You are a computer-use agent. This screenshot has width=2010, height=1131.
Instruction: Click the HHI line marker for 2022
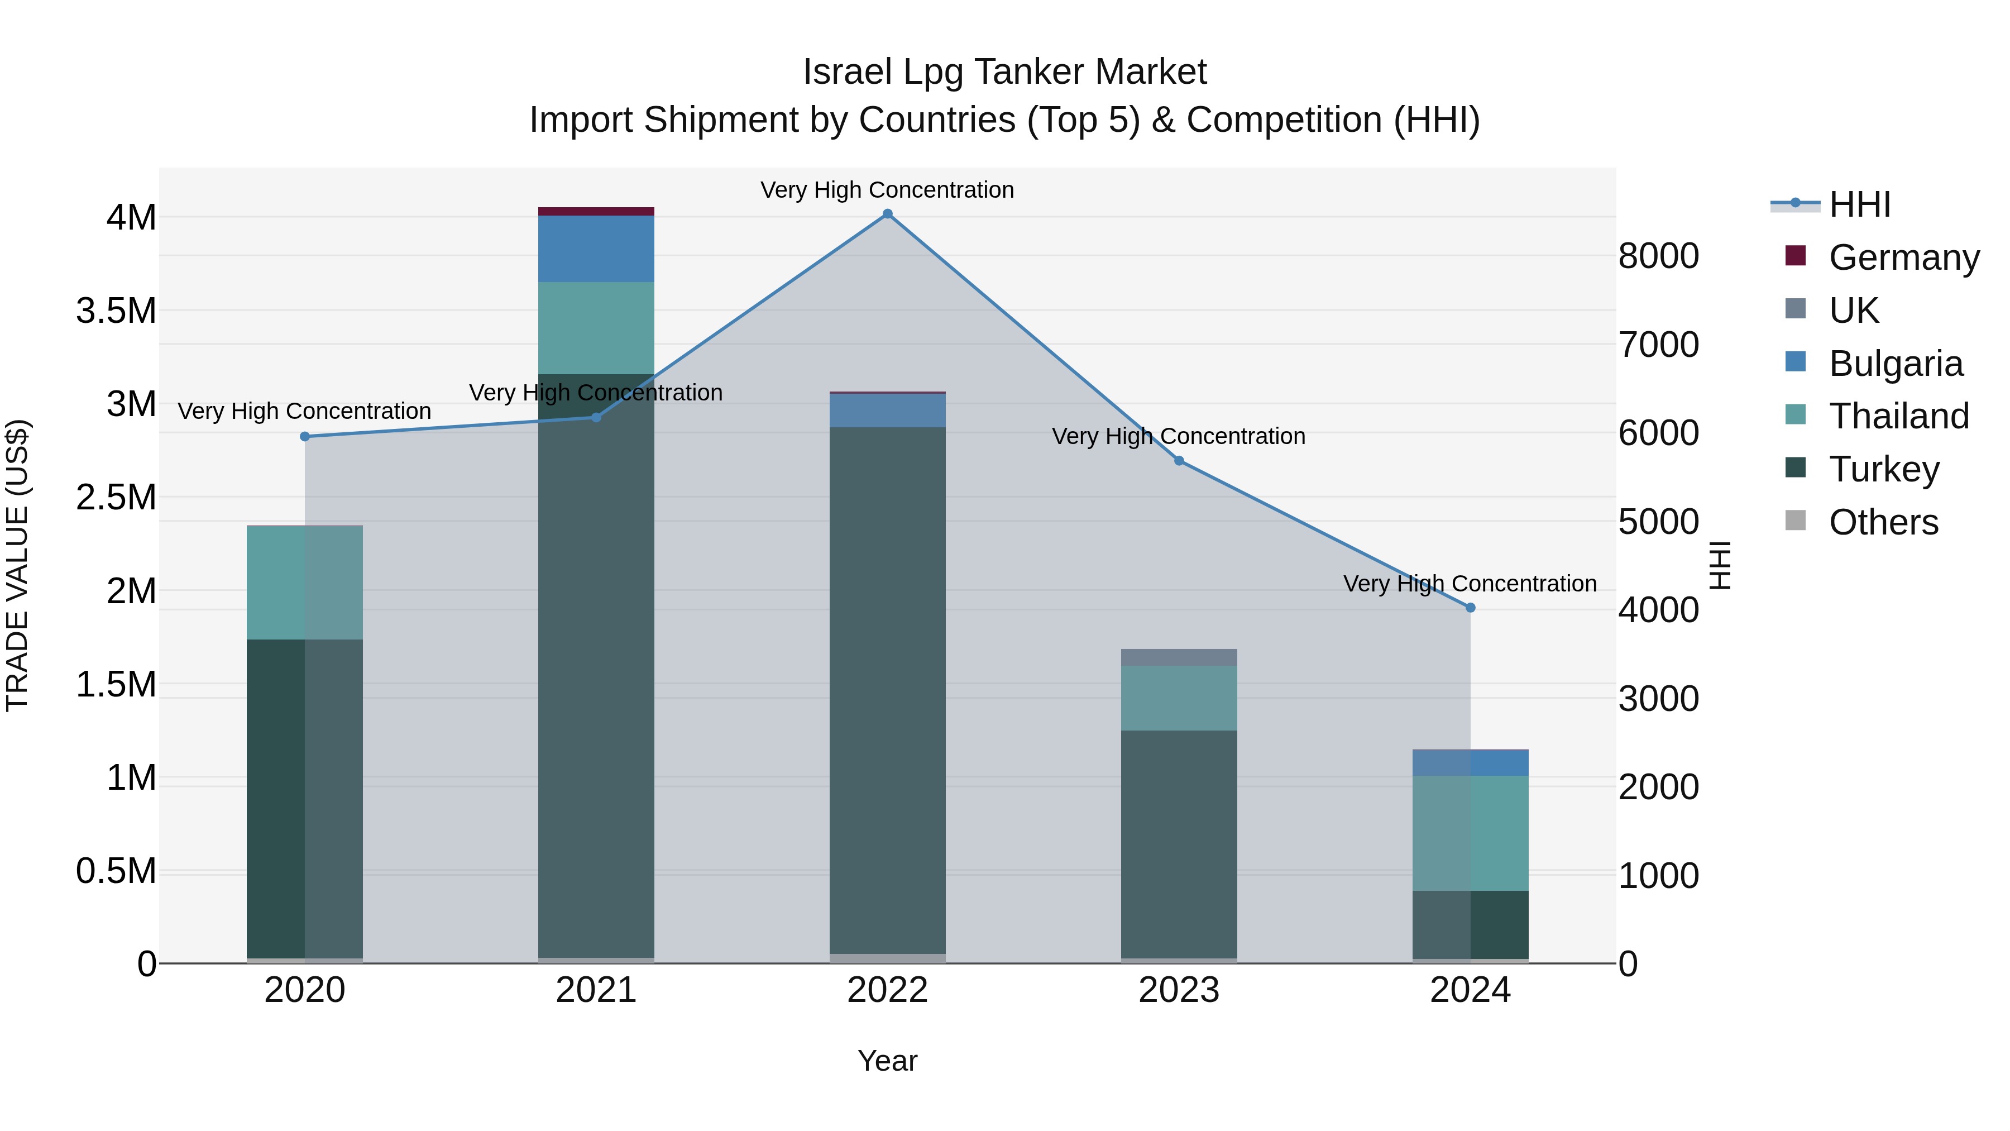(x=887, y=214)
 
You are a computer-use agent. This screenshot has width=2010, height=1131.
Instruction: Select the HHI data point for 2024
(x=1470, y=607)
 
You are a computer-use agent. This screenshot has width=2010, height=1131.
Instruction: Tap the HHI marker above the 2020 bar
(x=305, y=436)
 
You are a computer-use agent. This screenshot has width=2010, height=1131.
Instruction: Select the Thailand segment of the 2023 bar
(x=1179, y=698)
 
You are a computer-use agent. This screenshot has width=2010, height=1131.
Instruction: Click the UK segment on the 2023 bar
(x=1179, y=657)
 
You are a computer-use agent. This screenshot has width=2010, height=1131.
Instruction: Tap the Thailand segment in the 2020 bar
(x=305, y=583)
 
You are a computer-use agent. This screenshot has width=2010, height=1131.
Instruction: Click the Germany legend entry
(x=1903, y=257)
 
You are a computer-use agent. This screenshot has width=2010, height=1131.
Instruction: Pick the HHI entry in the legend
(x=1859, y=204)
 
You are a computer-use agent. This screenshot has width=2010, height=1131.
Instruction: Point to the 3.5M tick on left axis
(x=116, y=311)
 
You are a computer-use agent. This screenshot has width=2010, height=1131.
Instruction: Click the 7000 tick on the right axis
(x=1658, y=344)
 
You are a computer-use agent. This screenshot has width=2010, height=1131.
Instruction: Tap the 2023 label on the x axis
(x=1179, y=990)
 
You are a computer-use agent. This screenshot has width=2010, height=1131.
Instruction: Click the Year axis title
(x=887, y=1061)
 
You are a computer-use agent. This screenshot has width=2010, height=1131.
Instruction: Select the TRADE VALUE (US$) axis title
(x=17, y=565)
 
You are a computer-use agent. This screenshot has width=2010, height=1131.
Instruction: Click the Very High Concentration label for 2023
(x=1178, y=436)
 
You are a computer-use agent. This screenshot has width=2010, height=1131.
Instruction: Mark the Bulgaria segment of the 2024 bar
(x=1470, y=762)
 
